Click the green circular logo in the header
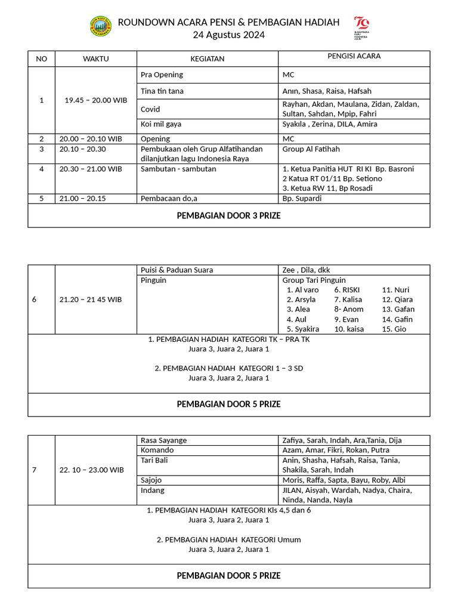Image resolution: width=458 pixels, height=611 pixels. pyautogui.click(x=101, y=27)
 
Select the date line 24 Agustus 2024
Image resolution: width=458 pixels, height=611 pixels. pyautogui.click(x=228, y=35)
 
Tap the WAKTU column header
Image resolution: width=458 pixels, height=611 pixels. pyautogui.click(x=96, y=58)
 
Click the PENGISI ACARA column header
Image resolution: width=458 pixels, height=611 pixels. pyautogui.click(x=354, y=56)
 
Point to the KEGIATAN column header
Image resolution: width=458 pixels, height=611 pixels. pyautogui.click(x=207, y=58)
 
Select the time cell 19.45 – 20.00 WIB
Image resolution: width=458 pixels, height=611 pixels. pyautogui.click(x=96, y=100)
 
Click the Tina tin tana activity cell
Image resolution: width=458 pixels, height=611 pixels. pyautogui.click(x=162, y=91)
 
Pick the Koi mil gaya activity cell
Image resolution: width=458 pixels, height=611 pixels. pyautogui.click(x=161, y=124)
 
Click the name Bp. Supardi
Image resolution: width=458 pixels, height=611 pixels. pyautogui.click(x=302, y=198)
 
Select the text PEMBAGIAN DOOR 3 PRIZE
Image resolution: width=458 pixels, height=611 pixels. pyautogui.click(x=228, y=216)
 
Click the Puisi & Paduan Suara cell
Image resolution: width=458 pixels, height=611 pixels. pyautogui.click(x=177, y=270)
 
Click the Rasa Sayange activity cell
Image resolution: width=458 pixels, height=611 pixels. pyautogui.click(x=163, y=440)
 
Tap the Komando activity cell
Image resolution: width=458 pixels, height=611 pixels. pyautogui.click(x=157, y=450)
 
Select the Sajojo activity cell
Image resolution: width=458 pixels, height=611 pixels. pyautogui.click(x=151, y=480)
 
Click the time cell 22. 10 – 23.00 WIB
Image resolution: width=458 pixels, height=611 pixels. pyautogui.click(x=92, y=470)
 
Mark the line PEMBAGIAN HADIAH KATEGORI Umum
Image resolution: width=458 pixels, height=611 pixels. pyautogui.click(x=228, y=539)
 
